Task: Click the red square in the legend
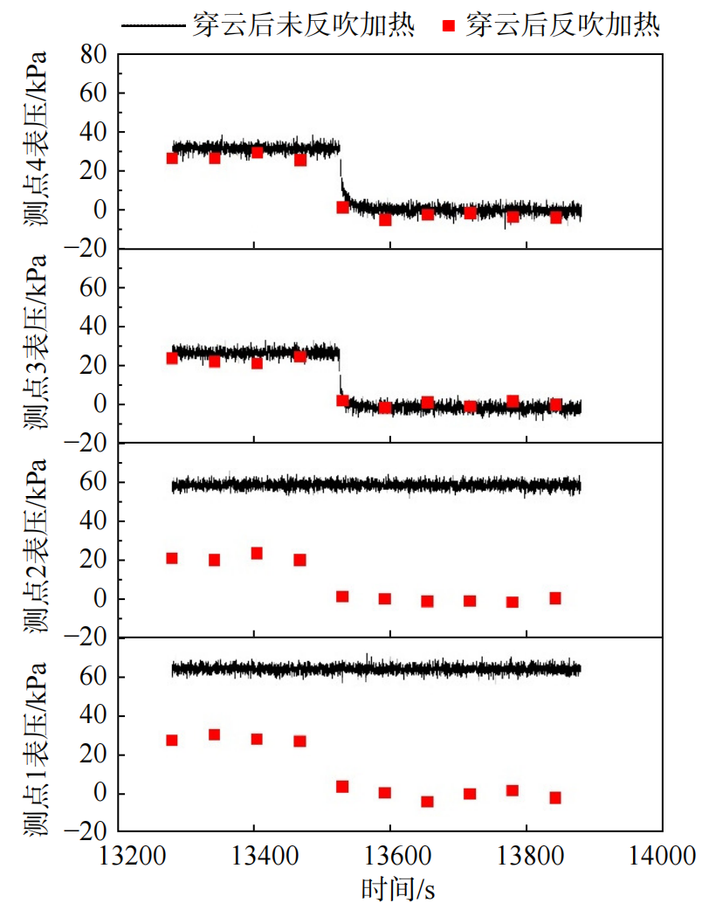450,25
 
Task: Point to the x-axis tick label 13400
254,853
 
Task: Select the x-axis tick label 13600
390,853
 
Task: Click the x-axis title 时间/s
398,887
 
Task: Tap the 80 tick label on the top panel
94,55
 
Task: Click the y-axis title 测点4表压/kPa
34,150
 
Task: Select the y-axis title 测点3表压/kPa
34,345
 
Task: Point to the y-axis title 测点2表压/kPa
34,540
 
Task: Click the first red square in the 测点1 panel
172,741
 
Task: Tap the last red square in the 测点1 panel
555,797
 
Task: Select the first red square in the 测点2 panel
172,558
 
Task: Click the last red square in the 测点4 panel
555,217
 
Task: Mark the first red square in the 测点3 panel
172,358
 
